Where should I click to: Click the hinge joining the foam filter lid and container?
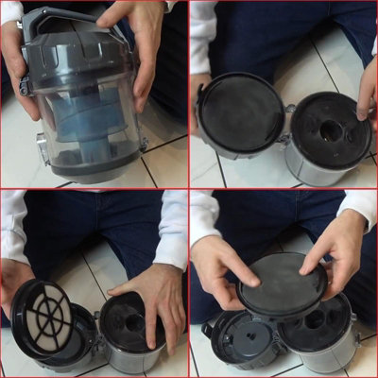click(x=286, y=124)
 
